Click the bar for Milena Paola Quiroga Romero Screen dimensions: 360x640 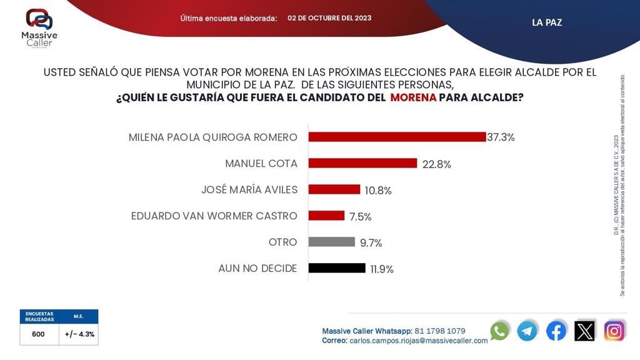(x=397, y=137)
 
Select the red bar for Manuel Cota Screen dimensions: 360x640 (x=362, y=163)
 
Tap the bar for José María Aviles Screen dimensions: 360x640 (x=334, y=189)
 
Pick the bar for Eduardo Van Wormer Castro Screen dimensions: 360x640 (x=326, y=216)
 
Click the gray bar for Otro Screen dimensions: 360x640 (x=331, y=242)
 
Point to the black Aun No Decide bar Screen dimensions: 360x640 (x=337, y=268)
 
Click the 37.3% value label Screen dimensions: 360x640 (x=502, y=137)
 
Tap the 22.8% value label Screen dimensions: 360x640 (x=436, y=164)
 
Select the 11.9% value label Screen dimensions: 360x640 (x=381, y=269)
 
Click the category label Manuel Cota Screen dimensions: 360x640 (x=261, y=163)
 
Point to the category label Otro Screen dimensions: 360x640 (x=284, y=242)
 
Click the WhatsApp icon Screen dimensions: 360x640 (x=499, y=331)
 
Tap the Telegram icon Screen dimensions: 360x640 (x=527, y=331)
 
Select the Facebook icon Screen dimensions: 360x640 (x=556, y=331)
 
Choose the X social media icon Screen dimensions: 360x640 (x=585, y=331)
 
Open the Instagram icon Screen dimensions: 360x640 (x=614, y=331)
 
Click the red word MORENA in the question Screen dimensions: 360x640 (x=413, y=98)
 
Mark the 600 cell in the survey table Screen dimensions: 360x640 (x=39, y=334)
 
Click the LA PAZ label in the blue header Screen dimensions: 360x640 (x=547, y=22)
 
